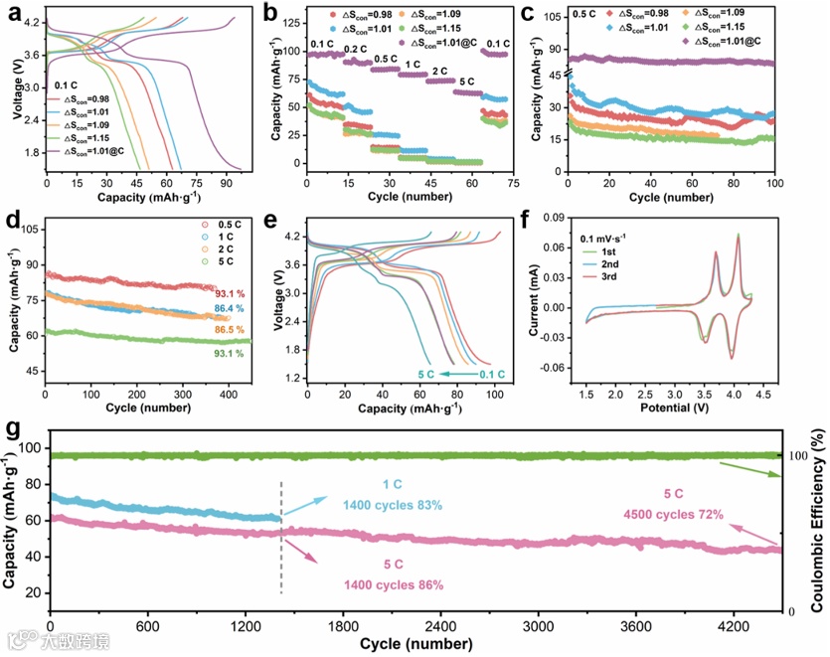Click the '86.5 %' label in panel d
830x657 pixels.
point(230,329)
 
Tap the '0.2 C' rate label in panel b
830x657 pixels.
point(353,48)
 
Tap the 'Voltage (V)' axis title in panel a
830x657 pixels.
point(16,89)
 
